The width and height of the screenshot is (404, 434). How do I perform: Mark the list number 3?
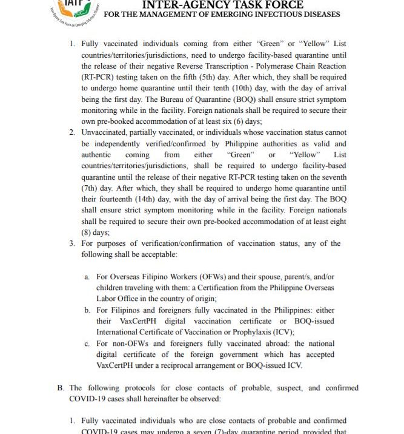coord(71,243)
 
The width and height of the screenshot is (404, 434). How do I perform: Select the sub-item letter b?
coord(87,310)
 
